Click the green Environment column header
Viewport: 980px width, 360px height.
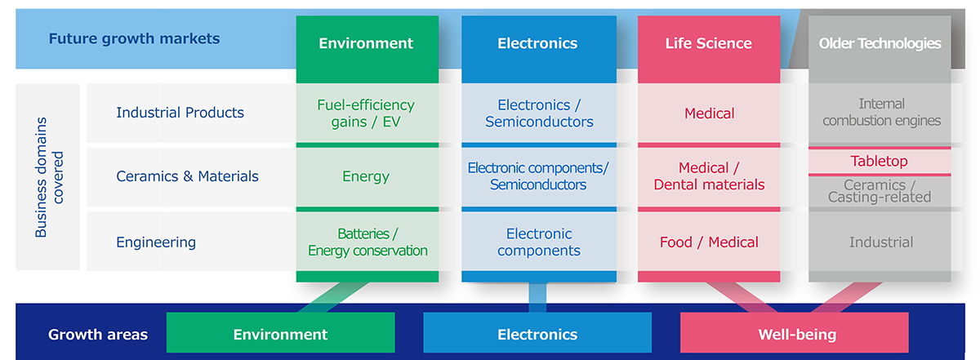[x=366, y=44]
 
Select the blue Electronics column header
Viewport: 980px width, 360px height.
[x=537, y=44]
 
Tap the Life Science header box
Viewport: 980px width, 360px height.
[x=708, y=44]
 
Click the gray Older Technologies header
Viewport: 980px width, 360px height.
[x=880, y=44]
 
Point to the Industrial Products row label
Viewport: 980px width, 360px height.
[x=180, y=113]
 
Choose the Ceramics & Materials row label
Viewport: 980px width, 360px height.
[x=187, y=176]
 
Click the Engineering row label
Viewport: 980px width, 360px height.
[x=156, y=242]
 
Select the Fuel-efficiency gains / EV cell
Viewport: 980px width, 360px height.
[x=366, y=113]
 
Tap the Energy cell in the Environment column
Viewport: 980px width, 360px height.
[x=366, y=176]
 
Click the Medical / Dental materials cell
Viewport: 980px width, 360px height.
[x=709, y=176]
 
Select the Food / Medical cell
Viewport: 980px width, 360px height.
[x=709, y=242]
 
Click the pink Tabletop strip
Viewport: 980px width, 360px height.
[x=880, y=162]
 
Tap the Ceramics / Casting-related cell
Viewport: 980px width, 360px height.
[x=880, y=191]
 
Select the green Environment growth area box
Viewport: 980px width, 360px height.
[x=280, y=334]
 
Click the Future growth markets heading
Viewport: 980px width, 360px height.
[x=134, y=38]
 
